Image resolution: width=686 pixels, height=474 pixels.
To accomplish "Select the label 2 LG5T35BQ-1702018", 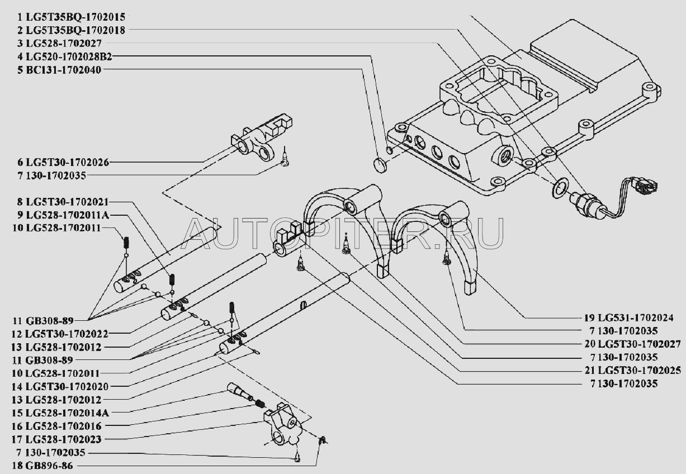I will (x=67, y=31).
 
